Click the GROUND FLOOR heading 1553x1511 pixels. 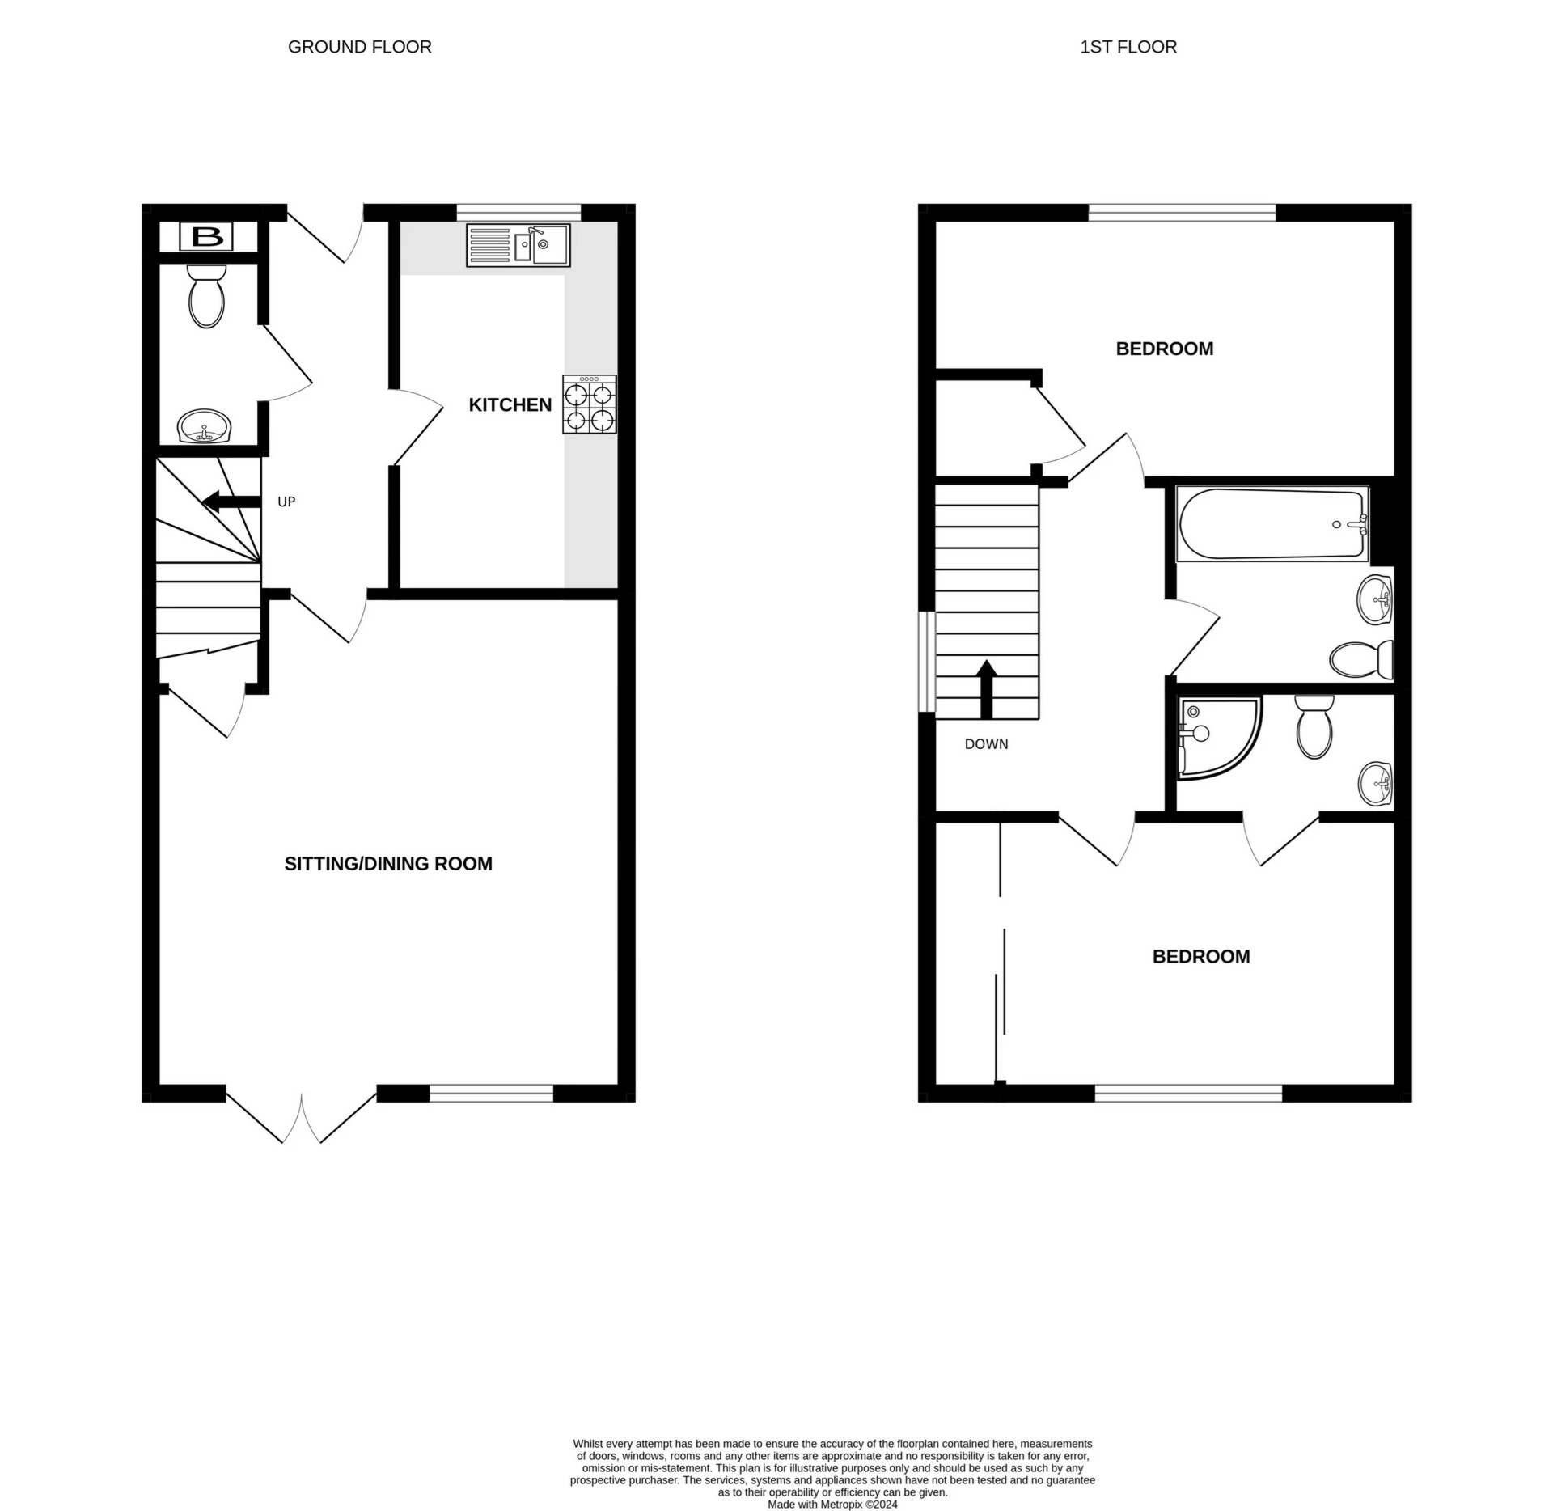click(359, 47)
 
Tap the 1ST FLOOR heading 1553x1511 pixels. click(1128, 47)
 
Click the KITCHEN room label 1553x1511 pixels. click(510, 404)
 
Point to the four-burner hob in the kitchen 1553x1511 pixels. click(590, 404)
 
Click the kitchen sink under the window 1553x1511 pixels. click(518, 244)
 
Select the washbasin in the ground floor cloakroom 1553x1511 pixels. click(205, 426)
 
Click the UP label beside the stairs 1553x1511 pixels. click(286, 502)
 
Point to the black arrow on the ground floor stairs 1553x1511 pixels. click(231, 502)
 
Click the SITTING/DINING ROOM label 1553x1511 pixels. click(388, 863)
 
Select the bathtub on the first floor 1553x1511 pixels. click(1272, 524)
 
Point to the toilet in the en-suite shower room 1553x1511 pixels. click(1314, 727)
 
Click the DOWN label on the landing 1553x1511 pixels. click(986, 744)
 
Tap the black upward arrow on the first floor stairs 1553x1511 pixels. click(986, 689)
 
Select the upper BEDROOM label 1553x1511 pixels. click(1164, 349)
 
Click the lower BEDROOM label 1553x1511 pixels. click(1200, 956)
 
